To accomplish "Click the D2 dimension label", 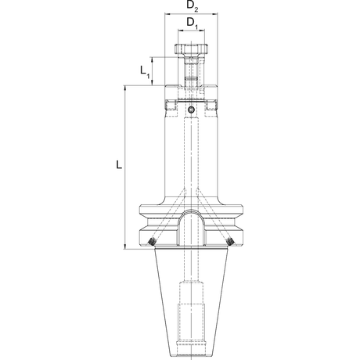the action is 193,5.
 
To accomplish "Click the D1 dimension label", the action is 193,23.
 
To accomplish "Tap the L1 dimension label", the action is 145,71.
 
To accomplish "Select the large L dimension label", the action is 119,164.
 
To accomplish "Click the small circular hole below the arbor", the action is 191,110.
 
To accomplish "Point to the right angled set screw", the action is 230,242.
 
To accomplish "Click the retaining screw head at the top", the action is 191,49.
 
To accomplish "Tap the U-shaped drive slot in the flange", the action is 191,228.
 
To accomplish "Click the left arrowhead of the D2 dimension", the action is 167,13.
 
